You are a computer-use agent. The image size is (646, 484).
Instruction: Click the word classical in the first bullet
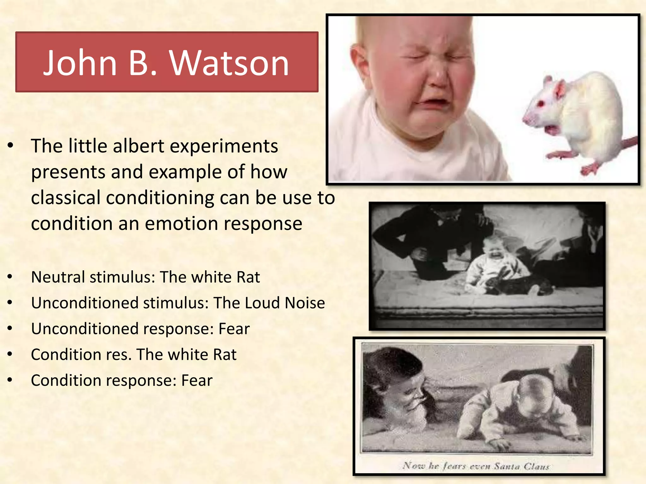pyautogui.click(x=66, y=198)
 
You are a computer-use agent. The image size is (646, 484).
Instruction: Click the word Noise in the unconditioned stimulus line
pyautogui.click(x=305, y=303)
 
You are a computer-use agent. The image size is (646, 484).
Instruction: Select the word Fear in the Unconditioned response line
pyautogui.click(x=234, y=329)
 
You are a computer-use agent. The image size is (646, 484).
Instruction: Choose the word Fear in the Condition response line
pyautogui.click(x=197, y=381)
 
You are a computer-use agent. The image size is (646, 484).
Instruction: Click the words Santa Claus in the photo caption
pyautogui.click(x=522, y=466)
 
